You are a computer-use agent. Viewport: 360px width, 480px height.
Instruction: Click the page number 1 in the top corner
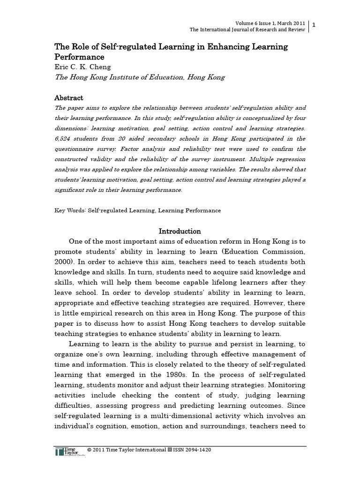pos(314,24)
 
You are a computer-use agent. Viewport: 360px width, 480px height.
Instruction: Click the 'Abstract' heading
pos(69,98)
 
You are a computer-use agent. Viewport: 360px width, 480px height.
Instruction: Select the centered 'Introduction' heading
pos(180,231)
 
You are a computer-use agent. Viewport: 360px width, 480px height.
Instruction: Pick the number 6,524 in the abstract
pos(65,138)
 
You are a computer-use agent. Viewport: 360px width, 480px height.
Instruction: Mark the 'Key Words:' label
pos(70,210)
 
